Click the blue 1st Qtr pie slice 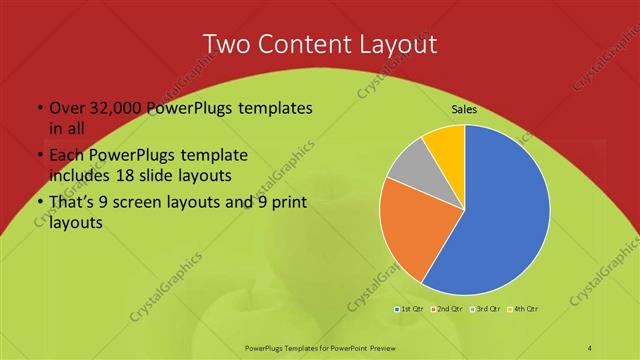pyautogui.click(x=505, y=210)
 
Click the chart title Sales pyautogui.click(x=463, y=109)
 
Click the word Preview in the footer pyautogui.click(x=391, y=346)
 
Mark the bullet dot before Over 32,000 pyautogui.click(x=38, y=108)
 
